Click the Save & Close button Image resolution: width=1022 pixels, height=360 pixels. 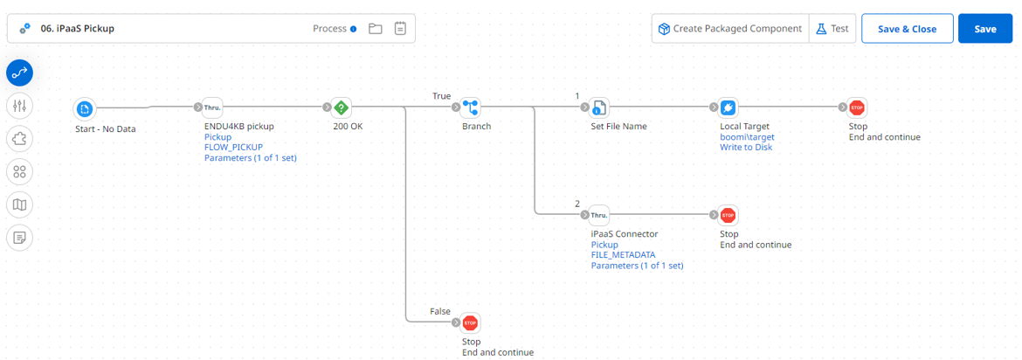pos(907,29)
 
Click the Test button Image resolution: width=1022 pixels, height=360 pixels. pos(832,29)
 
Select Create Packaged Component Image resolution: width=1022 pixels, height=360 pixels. pos(730,29)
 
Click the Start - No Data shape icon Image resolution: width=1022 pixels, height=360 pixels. pos(85,108)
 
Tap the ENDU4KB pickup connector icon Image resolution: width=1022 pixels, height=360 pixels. pos(213,108)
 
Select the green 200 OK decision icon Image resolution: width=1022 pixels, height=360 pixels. pos(342,108)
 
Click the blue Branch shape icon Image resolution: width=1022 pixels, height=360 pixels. pos(471,108)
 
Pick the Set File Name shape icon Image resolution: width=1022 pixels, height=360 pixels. pos(599,108)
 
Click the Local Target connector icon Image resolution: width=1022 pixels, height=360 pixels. pos(729,108)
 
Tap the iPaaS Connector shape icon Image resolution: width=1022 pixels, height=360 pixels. pos(599,216)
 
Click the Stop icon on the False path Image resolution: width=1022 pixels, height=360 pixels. pos(471,323)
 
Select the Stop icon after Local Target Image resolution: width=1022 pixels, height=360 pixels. pos(857,108)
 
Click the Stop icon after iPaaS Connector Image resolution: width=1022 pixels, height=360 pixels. pos(729,216)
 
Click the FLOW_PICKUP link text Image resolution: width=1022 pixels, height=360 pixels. pos(233,148)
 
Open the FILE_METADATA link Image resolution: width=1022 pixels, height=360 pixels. pos(623,255)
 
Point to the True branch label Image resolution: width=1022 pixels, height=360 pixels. pos(442,95)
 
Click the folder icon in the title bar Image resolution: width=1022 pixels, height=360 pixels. pos(376,29)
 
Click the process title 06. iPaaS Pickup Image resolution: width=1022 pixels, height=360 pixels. pos(78,29)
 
